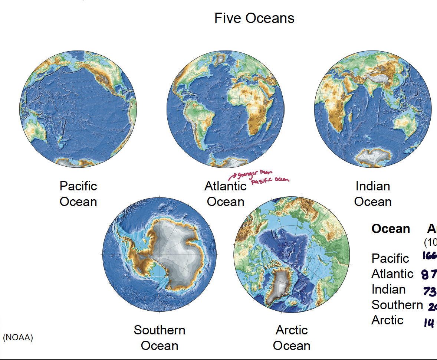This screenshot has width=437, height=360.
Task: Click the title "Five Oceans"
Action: (x=254, y=18)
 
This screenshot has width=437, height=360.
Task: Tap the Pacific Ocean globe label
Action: (x=78, y=194)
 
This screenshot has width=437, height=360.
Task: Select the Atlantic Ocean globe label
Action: (x=225, y=194)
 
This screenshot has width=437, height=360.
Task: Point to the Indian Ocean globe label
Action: (x=372, y=194)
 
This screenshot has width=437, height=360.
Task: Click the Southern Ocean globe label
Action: (x=160, y=338)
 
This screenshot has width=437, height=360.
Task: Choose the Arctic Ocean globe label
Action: (x=292, y=338)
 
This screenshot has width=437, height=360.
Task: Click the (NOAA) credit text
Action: (x=18, y=338)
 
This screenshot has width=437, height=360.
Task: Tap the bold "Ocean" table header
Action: (x=391, y=229)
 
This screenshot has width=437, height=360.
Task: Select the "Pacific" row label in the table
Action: (x=390, y=258)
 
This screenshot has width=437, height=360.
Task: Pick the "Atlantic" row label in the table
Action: (x=392, y=274)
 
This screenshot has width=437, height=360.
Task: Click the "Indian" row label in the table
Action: (x=388, y=289)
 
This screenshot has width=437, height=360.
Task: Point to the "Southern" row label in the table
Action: (x=397, y=305)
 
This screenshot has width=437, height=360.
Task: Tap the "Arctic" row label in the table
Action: (x=387, y=320)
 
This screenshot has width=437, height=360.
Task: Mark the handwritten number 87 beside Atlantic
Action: (x=429, y=275)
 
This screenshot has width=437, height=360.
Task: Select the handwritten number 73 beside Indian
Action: (x=430, y=291)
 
